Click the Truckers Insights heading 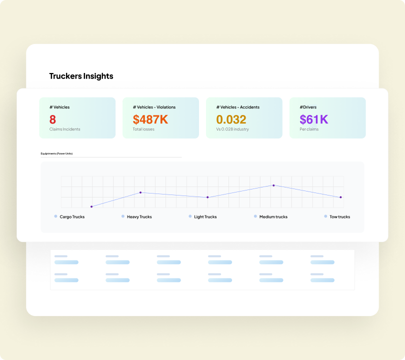point(81,76)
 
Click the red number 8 point(52,119)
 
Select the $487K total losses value point(150,119)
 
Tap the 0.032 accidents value point(231,119)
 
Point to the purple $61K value point(313,119)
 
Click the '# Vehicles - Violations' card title point(154,107)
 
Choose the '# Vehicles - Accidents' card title point(237,107)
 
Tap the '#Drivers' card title point(307,107)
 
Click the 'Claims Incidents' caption point(64,129)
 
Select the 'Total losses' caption point(143,129)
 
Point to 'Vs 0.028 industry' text point(232,129)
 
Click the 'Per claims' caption point(309,129)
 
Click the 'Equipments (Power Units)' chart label point(56,153)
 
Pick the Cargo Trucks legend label point(72,217)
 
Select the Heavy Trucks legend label point(139,217)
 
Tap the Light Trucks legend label point(205,217)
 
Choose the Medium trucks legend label point(273,217)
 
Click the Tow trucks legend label point(339,217)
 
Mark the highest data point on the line point(273,185)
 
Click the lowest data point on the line point(91,206)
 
